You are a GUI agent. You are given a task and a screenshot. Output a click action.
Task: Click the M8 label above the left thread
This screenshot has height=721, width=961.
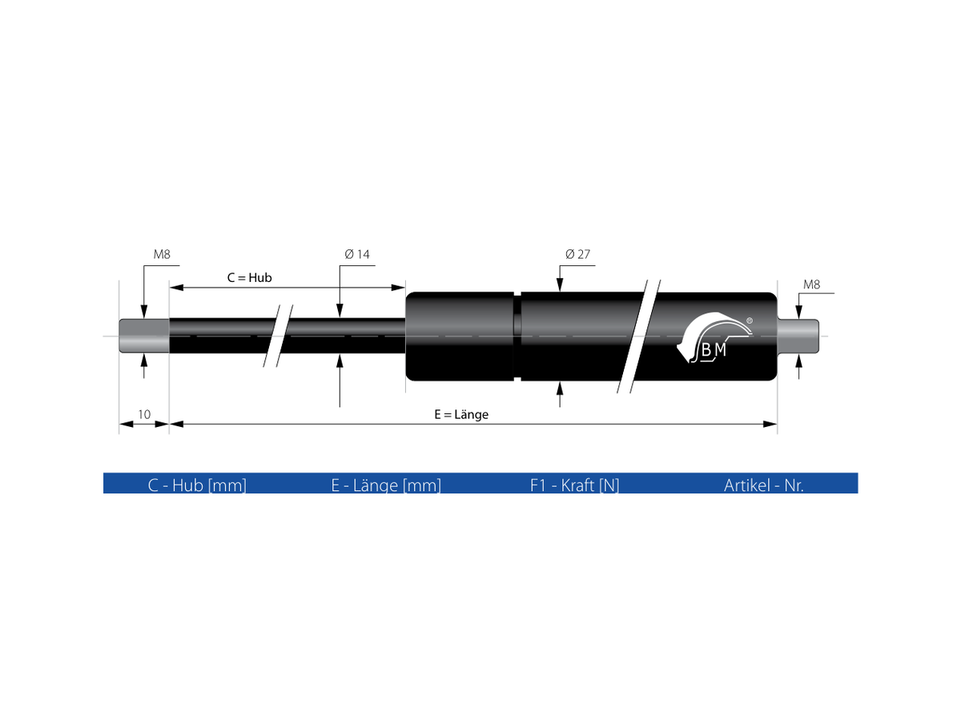click(162, 254)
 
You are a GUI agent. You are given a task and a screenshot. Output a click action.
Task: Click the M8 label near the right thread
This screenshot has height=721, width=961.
click(811, 284)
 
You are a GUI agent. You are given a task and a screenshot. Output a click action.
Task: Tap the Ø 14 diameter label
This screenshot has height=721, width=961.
click(357, 254)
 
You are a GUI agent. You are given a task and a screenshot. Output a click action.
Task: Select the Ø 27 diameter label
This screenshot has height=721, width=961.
click(577, 254)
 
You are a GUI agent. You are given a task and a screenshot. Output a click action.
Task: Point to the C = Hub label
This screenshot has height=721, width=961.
click(250, 278)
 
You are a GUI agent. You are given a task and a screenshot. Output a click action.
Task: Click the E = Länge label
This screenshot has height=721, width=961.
click(461, 414)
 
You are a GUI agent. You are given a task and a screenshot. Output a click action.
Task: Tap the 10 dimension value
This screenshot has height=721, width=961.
click(144, 414)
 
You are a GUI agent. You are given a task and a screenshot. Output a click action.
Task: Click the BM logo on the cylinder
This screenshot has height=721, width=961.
click(714, 337)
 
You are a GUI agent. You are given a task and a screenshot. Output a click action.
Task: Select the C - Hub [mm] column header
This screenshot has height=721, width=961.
click(197, 485)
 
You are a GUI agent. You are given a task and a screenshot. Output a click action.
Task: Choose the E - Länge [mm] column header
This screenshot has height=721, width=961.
click(386, 485)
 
